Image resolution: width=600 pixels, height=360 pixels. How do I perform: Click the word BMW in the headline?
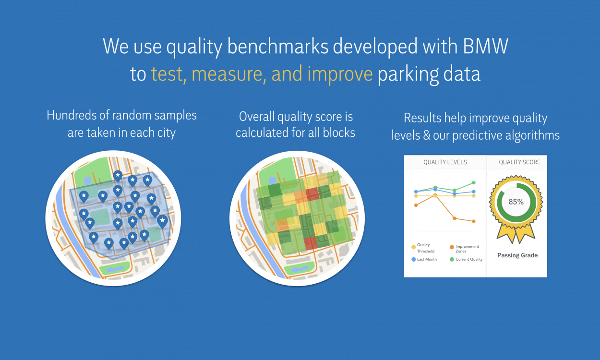click(x=485, y=46)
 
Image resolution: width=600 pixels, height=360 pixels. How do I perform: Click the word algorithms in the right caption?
click(x=532, y=135)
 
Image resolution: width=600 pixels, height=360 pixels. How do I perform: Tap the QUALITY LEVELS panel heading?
click(x=445, y=162)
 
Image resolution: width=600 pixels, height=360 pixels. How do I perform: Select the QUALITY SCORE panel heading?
click(x=519, y=162)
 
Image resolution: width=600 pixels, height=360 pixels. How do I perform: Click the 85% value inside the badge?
click(x=516, y=202)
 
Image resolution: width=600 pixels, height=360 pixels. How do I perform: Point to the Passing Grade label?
click(x=517, y=255)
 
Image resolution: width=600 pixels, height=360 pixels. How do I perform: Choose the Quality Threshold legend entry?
click(x=423, y=248)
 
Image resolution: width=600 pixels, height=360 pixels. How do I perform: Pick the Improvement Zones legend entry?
click(x=464, y=249)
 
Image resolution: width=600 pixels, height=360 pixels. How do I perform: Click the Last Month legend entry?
click(x=424, y=259)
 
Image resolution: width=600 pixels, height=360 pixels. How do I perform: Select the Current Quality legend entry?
click(x=466, y=259)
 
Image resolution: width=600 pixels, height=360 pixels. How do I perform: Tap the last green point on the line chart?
click(x=474, y=183)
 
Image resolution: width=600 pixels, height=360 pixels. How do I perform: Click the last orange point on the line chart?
click(x=474, y=221)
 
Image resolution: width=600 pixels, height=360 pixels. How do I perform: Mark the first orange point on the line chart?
click(x=416, y=205)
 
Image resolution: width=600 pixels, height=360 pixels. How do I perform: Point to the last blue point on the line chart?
click(x=474, y=192)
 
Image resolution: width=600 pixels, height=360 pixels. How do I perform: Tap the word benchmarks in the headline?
click(x=278, y=46)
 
